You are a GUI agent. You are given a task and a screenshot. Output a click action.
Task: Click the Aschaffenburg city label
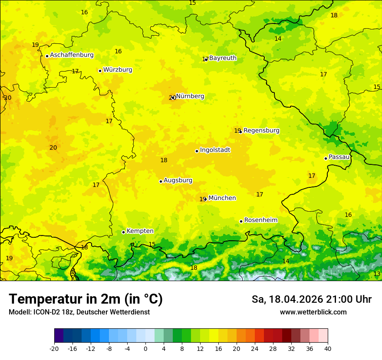pos(72,55)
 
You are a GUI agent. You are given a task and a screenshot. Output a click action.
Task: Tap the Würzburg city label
pos(118,70)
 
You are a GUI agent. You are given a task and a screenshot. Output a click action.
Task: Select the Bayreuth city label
pos(223,58)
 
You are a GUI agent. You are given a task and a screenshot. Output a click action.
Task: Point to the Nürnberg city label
pos(190,96)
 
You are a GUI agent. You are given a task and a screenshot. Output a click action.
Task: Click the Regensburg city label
pos(261,131)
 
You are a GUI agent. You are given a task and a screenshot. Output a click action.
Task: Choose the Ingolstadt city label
pos(215,150)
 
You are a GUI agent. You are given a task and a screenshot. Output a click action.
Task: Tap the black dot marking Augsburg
pos(161,181)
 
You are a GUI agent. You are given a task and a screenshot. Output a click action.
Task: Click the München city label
pos(222,198)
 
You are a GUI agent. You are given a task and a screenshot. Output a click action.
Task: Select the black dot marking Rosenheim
pos(241,221)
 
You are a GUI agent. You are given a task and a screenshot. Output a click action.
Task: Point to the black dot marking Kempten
pos(123,232)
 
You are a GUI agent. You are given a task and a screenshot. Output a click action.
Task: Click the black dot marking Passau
pos(326,158)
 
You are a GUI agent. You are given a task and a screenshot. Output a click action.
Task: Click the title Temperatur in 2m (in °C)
pos(86,299)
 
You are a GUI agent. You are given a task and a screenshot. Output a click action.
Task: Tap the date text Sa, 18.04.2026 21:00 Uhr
pos(311,300)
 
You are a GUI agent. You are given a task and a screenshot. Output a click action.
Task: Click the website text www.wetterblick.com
pos(313,312)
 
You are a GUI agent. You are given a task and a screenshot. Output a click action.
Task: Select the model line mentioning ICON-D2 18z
pos(79,312)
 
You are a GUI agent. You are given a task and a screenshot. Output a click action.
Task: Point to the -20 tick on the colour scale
pos(54,348)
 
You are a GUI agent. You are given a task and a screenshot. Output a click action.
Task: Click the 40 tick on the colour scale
pos(328,348)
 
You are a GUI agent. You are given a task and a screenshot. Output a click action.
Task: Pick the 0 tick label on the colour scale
pos(145,348)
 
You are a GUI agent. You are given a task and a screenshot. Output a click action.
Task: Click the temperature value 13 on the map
pos(377,274)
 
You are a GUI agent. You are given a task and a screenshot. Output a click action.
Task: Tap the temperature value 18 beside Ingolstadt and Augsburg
pos(164,160)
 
